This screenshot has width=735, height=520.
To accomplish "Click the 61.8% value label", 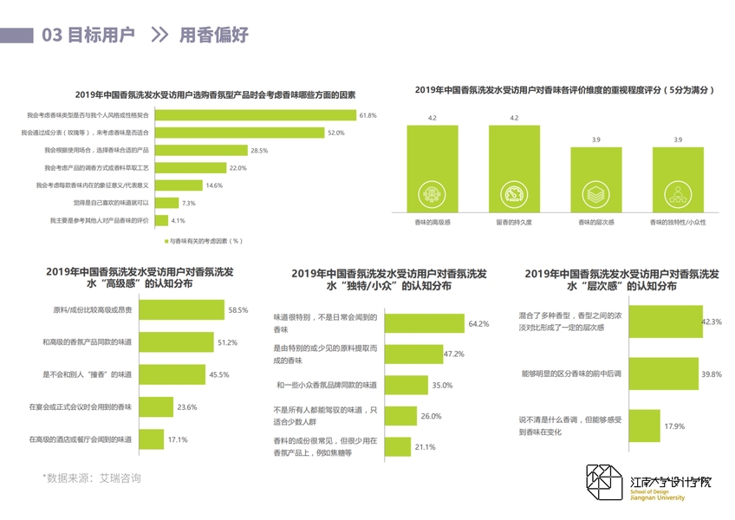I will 367,115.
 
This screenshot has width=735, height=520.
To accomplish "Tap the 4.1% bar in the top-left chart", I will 159,220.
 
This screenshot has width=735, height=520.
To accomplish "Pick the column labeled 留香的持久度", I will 514,168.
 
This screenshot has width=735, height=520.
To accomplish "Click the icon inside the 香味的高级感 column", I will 432,192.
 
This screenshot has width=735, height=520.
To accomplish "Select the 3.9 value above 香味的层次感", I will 595,140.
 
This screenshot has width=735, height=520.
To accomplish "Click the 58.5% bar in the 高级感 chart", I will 183,309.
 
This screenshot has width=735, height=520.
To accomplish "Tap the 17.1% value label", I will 178,439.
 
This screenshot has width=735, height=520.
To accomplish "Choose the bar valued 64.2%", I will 425,323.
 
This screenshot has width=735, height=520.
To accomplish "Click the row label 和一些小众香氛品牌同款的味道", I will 326,385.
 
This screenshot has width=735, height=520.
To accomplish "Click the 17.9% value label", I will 674,426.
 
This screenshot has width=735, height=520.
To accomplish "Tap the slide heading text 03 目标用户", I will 88,35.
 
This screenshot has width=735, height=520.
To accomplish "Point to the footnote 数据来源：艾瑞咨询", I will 92,478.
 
